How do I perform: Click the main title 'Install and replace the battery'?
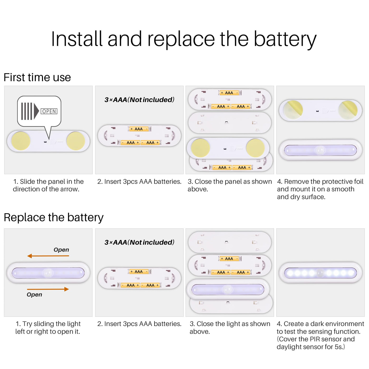[183, 39]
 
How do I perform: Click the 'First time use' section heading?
[37, 77]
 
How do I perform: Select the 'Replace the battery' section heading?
[54, 217]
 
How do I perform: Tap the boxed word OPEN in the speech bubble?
[49, 111]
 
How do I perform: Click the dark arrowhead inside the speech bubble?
[36, 111]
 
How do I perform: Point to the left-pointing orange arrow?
[48, 256]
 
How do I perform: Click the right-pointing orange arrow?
[48, 289]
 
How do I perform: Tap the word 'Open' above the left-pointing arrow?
[61, 250]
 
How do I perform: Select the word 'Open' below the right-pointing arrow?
[35, 294]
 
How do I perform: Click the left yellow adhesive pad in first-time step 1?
[21, 141]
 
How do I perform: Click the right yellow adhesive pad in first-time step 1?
[76, 141]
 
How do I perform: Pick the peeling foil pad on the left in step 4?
[293, 110]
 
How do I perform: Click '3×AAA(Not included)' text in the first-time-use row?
[139, 100]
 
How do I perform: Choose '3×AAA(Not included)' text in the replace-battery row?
[139, 242]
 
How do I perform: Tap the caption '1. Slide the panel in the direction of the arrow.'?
[48, 185]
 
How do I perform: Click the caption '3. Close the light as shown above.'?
[230, 328]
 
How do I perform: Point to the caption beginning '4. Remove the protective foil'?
[320, 189]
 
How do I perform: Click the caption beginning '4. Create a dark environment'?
[320, 335]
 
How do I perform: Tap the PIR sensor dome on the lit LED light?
[320, 273]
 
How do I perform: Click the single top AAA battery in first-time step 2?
[139, 129]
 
